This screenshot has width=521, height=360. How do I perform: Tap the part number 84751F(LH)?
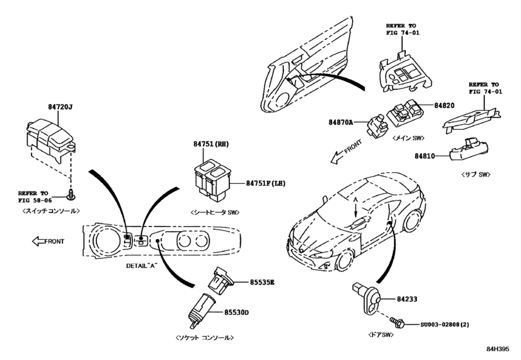(x=265, y=183)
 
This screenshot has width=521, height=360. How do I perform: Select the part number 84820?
(x=444, y=104)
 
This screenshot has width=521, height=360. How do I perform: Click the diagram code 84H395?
(x=504, y=349)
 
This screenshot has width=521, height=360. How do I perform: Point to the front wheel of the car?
(x=346, y=260)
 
